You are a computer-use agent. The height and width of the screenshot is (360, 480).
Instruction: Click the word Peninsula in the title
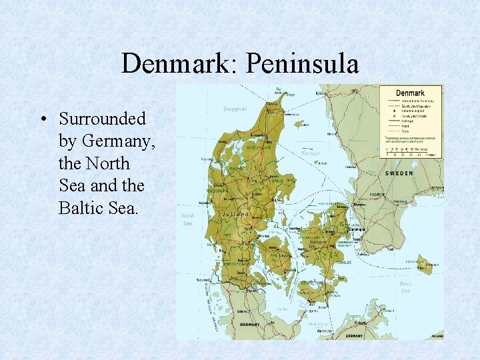point(303,64)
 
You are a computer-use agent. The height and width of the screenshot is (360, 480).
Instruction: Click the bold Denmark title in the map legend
point(410,93)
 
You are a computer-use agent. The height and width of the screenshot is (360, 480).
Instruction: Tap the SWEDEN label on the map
point(399,173)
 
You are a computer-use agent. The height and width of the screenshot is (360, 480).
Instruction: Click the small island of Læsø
point(301,123)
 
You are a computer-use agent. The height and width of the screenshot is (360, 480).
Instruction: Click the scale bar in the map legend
point(409,151)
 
